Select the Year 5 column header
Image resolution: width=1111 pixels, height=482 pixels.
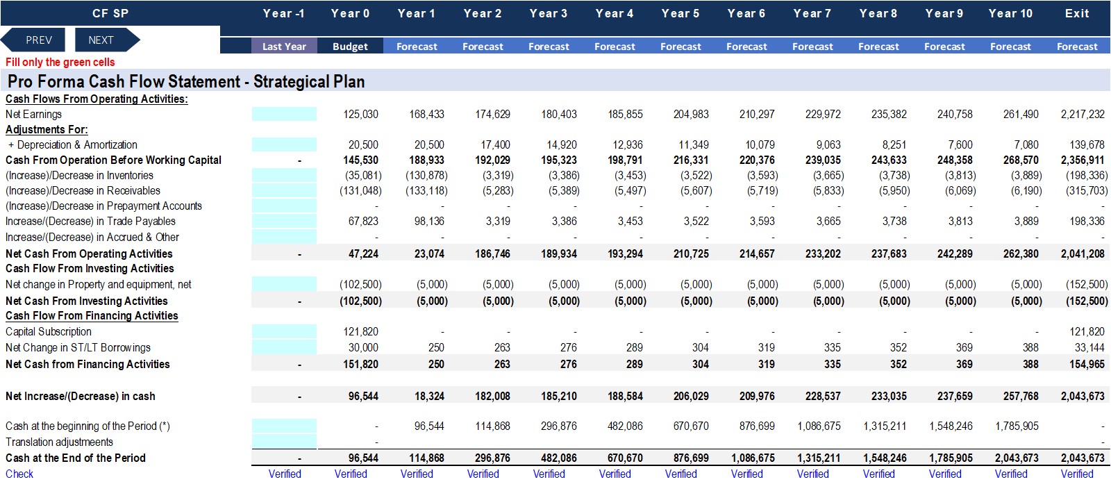pos(680,13)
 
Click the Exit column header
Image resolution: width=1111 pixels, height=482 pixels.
pos(1077,13)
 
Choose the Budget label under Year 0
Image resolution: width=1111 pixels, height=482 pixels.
pos(350,47)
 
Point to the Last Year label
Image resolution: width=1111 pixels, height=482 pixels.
pos(284,47)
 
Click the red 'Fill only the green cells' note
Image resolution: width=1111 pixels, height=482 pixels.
pos(60,62)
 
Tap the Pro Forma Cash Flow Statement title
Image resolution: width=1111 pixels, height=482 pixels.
pos(186,81)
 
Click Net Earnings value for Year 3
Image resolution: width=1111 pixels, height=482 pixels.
pos(559,114)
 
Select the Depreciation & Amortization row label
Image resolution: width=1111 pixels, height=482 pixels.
pos(72,144)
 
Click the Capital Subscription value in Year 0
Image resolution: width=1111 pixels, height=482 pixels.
pos(360,331)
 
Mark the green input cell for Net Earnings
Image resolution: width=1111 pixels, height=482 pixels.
pos(284,114)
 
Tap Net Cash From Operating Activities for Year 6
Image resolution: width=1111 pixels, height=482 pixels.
pos(757,254)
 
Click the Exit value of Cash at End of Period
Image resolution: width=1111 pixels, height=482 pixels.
pos(1083,458)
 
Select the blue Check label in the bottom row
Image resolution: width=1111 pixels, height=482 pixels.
pos(19,474)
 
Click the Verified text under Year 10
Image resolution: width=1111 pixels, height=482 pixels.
pos(1011,474)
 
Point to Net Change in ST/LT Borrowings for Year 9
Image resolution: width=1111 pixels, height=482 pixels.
pos(964,348)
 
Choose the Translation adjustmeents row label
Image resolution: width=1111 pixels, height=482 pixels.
pos(59,442)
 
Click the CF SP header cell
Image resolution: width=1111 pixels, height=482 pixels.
pos(110,13)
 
